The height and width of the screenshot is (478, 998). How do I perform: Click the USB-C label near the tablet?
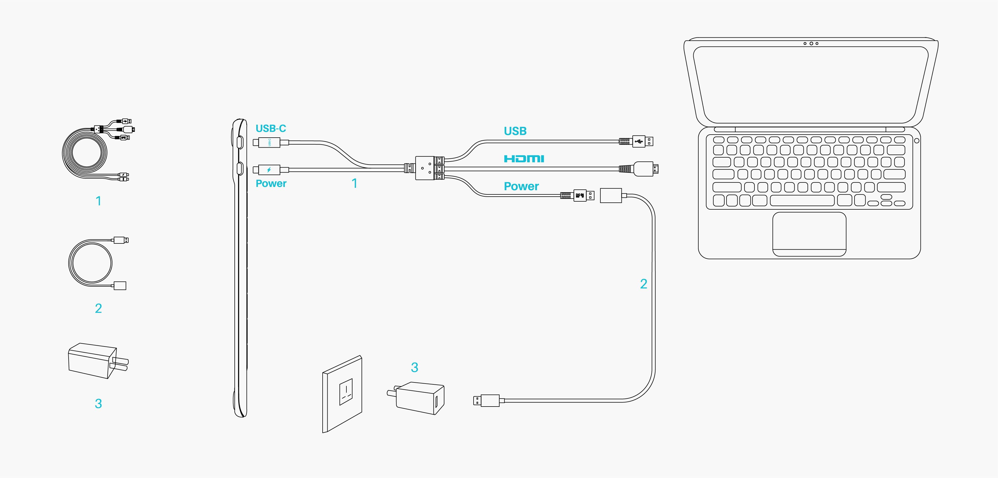[270, 129]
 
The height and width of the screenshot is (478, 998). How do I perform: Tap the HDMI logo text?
[524, 158]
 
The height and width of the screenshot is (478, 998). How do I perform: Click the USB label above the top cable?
[515, 131]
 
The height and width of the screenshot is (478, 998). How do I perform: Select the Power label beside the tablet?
[271, 184]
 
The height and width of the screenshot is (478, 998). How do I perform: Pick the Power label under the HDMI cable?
[521, 187]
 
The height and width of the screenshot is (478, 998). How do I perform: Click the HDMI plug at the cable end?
[645, 169]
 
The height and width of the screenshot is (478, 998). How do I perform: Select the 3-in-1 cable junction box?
[425, 168]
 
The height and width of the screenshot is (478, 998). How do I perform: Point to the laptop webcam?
[811, 43]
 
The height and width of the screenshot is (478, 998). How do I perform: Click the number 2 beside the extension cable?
[644, 284]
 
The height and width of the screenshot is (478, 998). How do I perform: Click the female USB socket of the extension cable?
[611, 196]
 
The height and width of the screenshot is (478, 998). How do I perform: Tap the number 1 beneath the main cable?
[354, 184]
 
